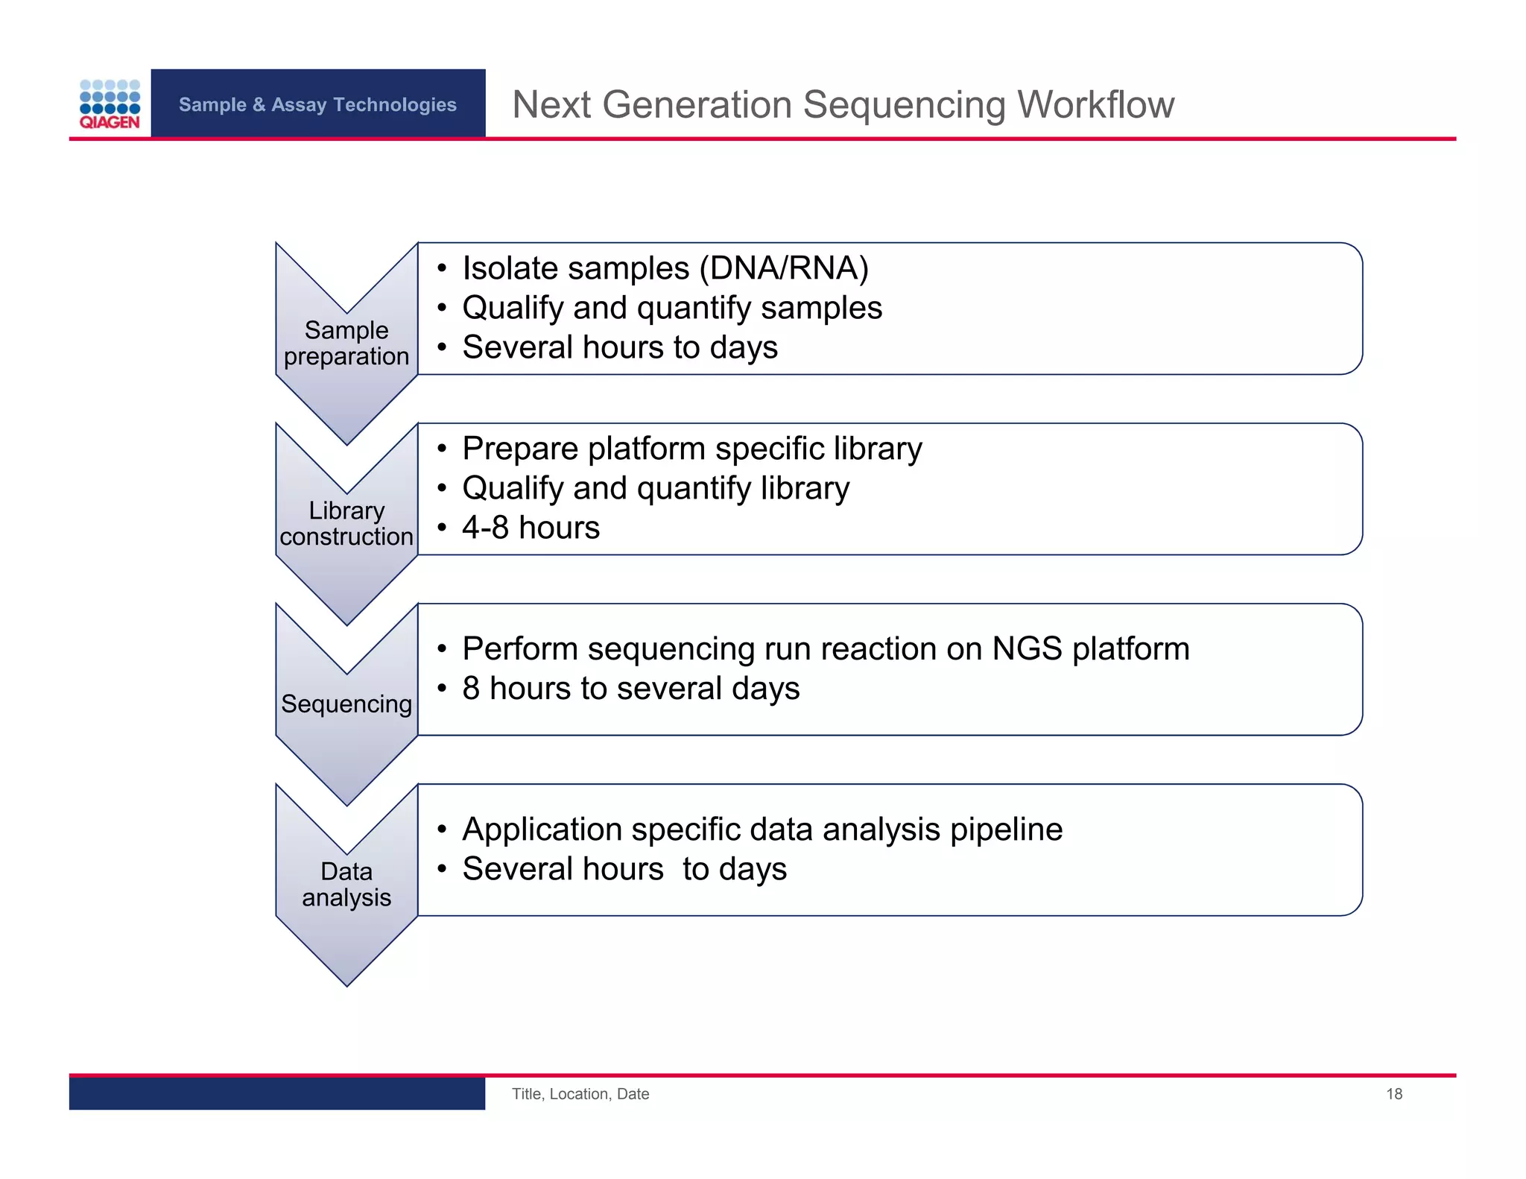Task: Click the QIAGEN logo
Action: [110, 104]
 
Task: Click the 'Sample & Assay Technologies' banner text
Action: [317, 104]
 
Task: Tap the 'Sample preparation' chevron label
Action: [346, 343]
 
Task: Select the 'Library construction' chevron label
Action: [346, 523]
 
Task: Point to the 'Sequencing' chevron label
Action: [346, 704]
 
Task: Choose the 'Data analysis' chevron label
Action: [346, 884]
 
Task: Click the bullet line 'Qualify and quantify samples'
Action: [671, 308]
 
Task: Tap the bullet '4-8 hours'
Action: [531, 528]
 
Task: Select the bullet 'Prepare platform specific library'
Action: [691, 449]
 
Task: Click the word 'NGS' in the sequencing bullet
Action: [1027, 648]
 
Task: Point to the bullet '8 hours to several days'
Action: [630, 688]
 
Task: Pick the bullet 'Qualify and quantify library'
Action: [656, 488]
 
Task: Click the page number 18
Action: [1393, 1093]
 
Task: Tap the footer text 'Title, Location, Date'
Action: [580, 1093]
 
